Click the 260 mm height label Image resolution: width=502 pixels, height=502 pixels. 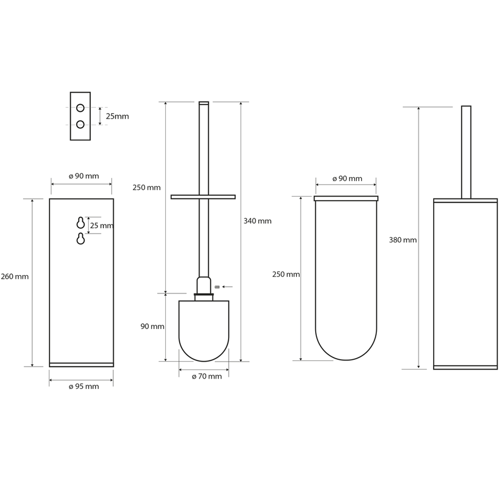tap(15, 276)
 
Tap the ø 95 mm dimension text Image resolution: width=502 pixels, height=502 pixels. tap(84, 386)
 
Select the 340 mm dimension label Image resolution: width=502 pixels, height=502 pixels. tap(258, 221)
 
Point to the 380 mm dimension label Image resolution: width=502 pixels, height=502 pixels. tap(403, 240)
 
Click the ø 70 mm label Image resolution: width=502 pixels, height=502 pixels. tap(207, 376)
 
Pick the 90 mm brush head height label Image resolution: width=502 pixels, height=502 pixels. tap(152, 327)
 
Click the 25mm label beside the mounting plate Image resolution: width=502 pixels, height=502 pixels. tap(117, 116)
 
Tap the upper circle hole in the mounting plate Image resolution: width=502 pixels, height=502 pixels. tap(80, 108)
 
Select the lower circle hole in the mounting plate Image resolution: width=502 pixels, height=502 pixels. tap(80, 124)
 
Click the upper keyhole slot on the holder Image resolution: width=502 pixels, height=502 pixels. tap(80, 223)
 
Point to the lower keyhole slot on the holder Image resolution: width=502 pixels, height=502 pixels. tap(80, 239)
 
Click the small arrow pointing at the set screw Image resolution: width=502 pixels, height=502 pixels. tap(227, 287)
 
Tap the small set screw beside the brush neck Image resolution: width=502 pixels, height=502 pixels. tap(217, 287)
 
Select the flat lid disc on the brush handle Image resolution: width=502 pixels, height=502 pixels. tap(203, 197)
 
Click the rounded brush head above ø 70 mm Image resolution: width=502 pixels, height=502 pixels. tap(204, 331)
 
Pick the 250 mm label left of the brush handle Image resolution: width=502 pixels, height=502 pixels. tap(146, 187)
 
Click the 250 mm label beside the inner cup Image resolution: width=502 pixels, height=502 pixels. tap(286, 275)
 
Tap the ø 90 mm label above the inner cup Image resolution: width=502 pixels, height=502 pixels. tap(347, 178)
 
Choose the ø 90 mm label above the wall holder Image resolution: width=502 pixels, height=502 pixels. tap(84, 176)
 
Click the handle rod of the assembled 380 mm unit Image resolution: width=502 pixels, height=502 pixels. tap(466, 152)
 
